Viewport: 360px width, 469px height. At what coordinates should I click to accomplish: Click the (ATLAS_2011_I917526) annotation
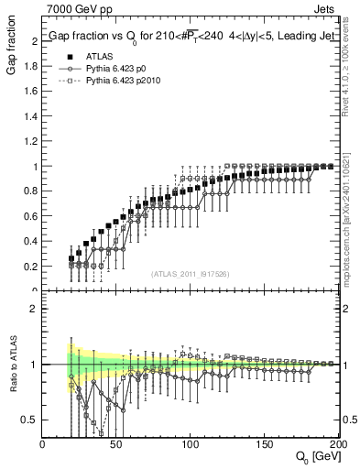tap(190, 273)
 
